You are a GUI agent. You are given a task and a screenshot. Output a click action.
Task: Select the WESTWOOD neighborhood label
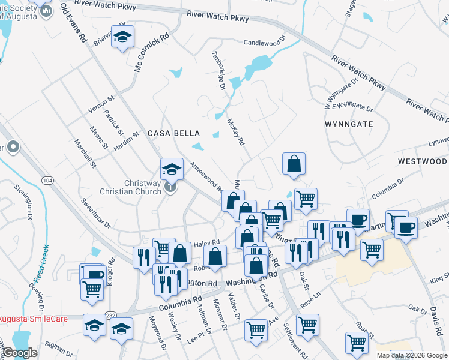click(423, 162)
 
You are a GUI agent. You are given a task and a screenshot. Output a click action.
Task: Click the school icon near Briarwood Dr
click(122, 39)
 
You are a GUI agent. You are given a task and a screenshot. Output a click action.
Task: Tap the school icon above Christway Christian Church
click(171, 169)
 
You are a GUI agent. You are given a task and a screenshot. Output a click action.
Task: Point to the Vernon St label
click(100, 104)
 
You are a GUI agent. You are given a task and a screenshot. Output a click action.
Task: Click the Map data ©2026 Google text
click(412, 355)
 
